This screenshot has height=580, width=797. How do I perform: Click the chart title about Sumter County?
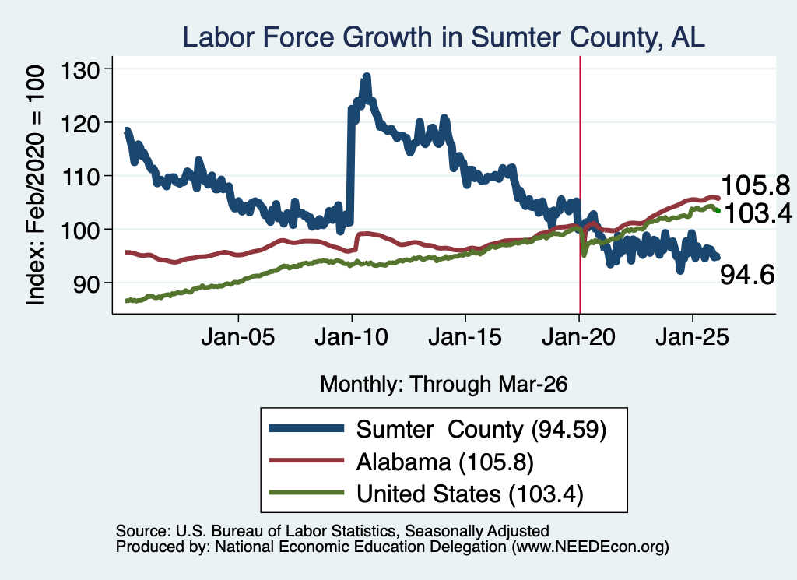[443, 37]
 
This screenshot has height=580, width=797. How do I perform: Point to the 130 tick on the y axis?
[80, 69]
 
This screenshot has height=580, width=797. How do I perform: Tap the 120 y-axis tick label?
[80, 123]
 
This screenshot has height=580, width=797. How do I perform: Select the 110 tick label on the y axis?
[80, 177]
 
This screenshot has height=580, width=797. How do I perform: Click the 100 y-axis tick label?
[80, 230]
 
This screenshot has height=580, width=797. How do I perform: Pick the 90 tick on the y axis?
[86, 283]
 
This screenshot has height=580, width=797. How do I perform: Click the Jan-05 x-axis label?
[238, 337]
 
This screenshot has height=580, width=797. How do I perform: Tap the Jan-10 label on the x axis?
[351, 337]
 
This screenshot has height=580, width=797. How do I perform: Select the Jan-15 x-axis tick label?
[465, 337]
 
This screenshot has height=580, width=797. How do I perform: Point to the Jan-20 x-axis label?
[579, 337]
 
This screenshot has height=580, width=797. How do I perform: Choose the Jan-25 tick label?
[692, 337]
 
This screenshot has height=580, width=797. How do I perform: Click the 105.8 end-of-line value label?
[756, 185]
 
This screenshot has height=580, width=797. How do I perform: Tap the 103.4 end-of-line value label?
[758, 213]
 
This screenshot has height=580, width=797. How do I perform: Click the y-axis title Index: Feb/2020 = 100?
[35, 185]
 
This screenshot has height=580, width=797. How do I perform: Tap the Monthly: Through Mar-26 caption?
[444, 385]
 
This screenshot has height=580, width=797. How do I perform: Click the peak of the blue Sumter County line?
[366, 77]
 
